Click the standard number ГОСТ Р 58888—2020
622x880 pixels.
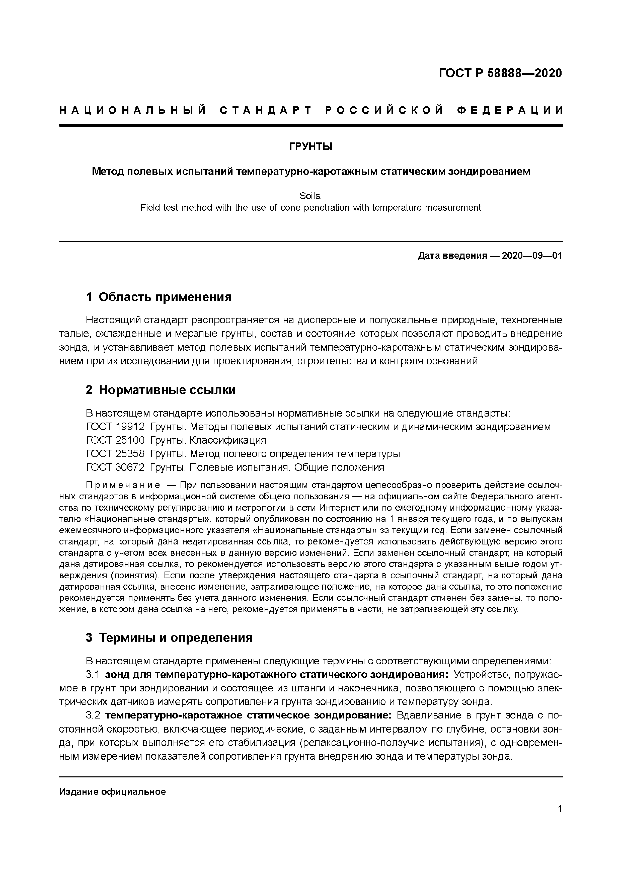point(500,73)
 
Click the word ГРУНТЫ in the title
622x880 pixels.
point(310,147)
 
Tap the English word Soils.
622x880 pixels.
point(310,196)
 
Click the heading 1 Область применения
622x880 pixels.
point(159,297)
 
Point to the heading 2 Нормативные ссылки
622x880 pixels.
point(161,390)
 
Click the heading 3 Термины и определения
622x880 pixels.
point(169,637)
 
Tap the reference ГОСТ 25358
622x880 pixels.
point(115,454)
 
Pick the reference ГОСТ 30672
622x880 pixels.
point(115,467)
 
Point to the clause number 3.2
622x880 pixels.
point(93,715)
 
